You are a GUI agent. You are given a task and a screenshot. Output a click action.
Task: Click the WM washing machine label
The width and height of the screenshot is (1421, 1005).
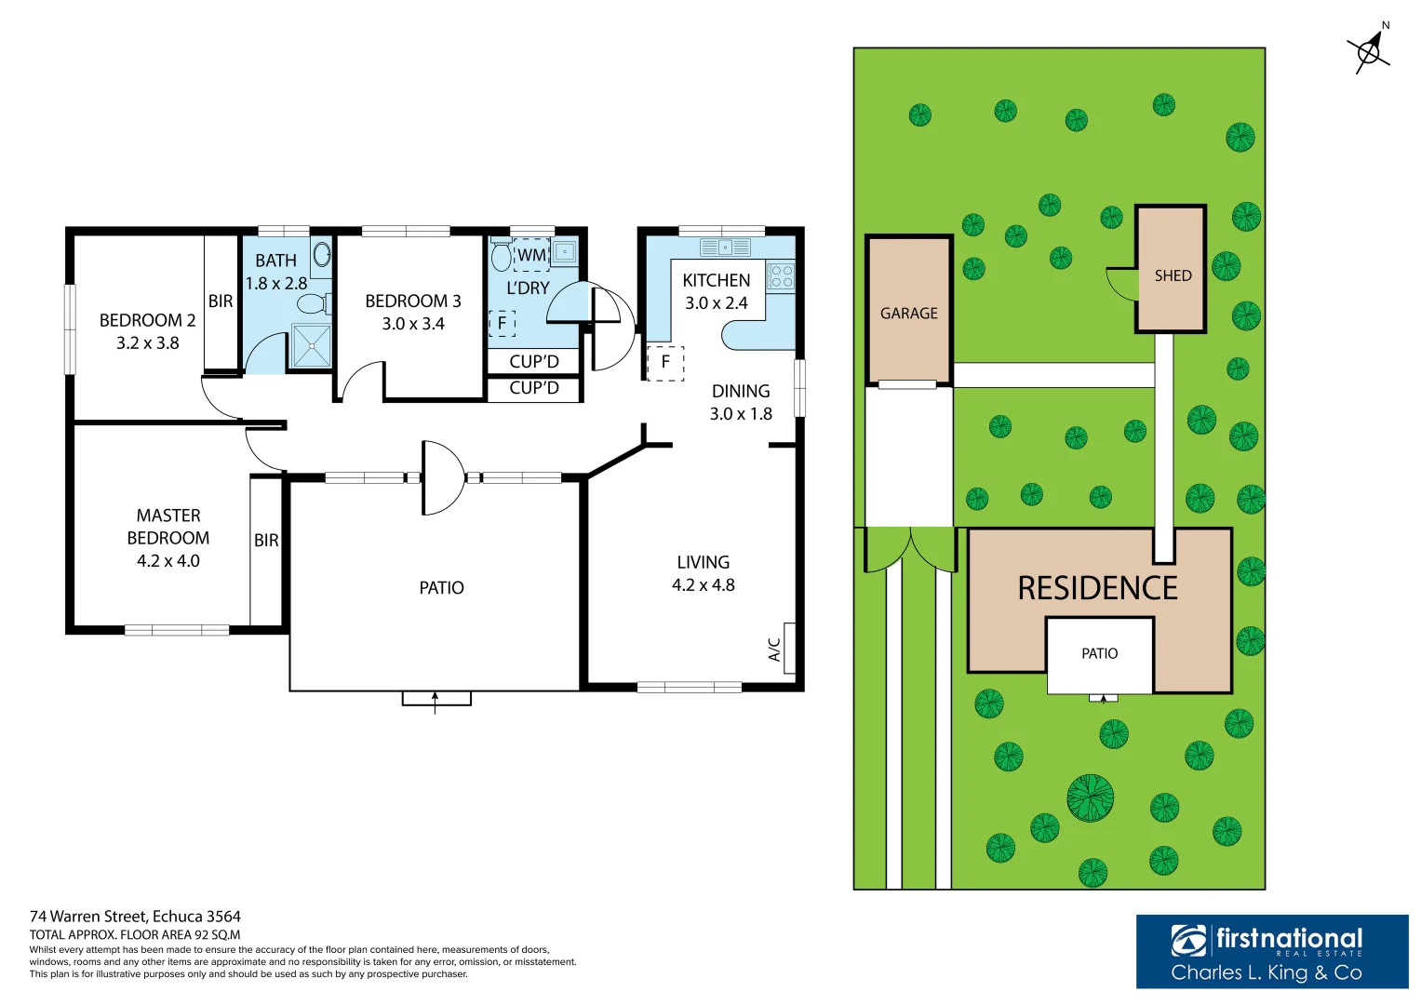tap(531, 255)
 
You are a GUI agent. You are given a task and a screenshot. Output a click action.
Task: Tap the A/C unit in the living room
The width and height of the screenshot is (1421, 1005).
tap(789, 648)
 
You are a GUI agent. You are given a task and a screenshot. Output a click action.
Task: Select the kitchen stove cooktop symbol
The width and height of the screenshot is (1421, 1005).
tap(781, 276)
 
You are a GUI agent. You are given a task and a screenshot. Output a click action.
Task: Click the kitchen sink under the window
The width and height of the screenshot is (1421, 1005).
tap(725, 248)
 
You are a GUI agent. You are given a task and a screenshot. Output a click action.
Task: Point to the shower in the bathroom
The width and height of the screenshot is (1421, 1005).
tap(311, 345)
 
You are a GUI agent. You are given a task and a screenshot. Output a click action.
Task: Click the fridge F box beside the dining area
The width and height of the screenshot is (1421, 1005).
tap(665, 362)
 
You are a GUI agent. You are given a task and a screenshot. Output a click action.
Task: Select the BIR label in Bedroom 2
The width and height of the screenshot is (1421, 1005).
tap(221, 301)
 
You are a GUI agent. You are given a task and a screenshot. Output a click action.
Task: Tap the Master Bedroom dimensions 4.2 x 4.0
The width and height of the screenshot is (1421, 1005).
tap(168, 561)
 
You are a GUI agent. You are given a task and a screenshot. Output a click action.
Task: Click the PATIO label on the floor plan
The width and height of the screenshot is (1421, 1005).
tap(441, 588)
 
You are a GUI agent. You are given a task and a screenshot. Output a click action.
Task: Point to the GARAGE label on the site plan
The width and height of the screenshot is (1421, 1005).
tap(909, 314)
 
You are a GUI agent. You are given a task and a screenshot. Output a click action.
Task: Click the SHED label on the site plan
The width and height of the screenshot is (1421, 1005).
tap(1173, 275)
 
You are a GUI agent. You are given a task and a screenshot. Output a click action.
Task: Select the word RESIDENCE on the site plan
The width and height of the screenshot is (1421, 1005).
tap(1097, 588)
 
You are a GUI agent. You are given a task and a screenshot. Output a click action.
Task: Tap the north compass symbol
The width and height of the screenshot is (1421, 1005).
tap(1370, 50)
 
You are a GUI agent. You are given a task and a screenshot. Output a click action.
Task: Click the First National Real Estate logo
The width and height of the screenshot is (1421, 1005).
tap(1271, 951)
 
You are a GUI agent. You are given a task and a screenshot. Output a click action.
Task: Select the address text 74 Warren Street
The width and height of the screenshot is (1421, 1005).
tap(135, 917)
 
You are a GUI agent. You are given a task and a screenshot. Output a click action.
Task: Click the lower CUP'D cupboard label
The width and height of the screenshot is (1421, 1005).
tap(534, 388)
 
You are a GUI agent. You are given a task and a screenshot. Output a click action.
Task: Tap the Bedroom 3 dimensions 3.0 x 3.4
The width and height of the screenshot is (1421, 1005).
tap(413, 324)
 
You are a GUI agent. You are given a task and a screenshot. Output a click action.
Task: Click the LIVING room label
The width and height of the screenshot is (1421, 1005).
tap(704, 562)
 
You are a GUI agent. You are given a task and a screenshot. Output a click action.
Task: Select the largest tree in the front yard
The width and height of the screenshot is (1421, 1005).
tap(1090, 798)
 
